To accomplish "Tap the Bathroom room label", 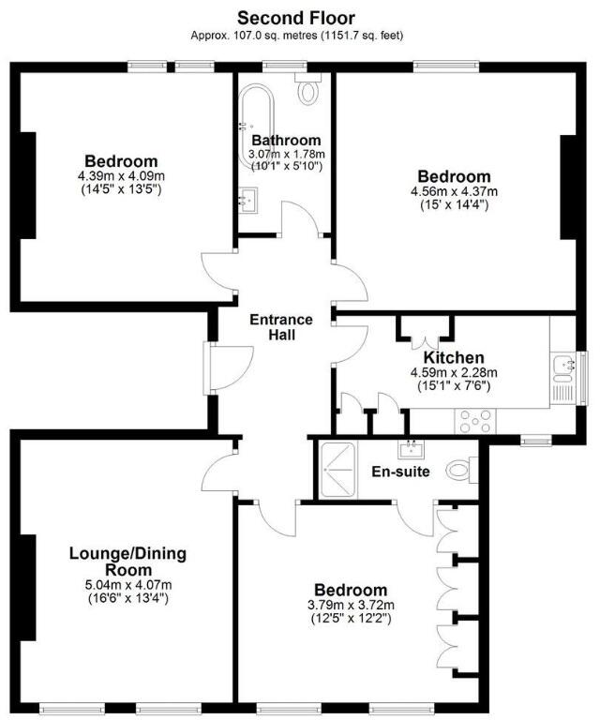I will click(x=285, y=141).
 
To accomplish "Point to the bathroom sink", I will click(x=248, y=199).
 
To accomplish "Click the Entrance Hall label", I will click(x=281, y=327).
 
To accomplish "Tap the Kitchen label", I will click(x=453, y=358).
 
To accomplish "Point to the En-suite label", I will click(x=400, y=472).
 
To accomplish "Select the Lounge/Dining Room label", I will click(x=127, y=562).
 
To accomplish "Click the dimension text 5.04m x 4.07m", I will click(x=127, y=584).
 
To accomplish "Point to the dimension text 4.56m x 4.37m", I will click(x=454, y=192).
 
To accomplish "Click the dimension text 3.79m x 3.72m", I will click(x=351, y=605).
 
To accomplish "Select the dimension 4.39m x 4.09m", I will click(x=121, y=176).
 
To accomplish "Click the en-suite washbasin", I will click(x=411, y=449).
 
